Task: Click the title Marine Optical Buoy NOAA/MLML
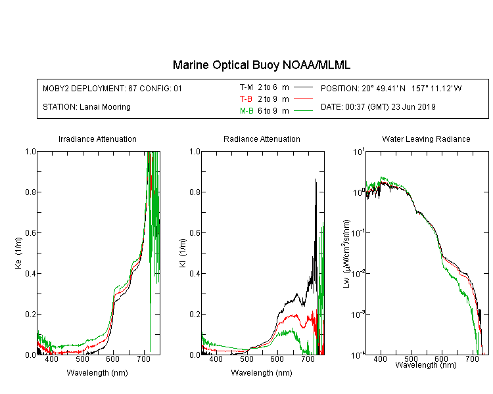[x=261, y=65]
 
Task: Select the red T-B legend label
[x=246, y=99]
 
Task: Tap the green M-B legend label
[x=246, y=111]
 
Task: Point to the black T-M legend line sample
[x=303, y=87]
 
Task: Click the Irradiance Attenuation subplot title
[x=97, y=139]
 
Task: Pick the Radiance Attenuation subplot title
[x=262, y=139]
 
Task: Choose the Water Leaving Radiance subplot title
[x=426, y=139]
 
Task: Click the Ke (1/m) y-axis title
[x=18, y=253]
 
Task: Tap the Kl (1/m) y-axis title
[x=183, y=253]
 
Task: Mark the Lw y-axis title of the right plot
[x=346, y=253]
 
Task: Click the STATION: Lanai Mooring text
[x=87, y=107]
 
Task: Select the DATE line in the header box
[x=378, y=107]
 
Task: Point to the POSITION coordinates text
[x=391, y=88]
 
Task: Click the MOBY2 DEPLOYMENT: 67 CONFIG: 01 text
[x=112, y=88]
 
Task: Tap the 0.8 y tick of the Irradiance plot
[x=30, y=192]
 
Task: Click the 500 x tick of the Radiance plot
[x=246, y=359]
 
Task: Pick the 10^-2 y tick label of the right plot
[x=358, y=273]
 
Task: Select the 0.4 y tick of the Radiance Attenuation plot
[x=195, y=273]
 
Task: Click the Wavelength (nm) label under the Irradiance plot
[x=97, y=373]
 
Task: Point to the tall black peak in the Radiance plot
[x=316, y=179]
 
